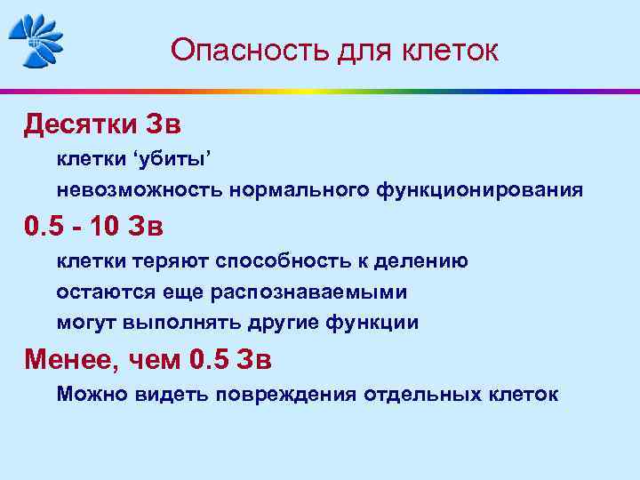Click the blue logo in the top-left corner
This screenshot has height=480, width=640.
[36, 41]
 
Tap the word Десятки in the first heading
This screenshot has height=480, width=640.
[76, 124]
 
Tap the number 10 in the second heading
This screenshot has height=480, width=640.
[108, 227]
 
